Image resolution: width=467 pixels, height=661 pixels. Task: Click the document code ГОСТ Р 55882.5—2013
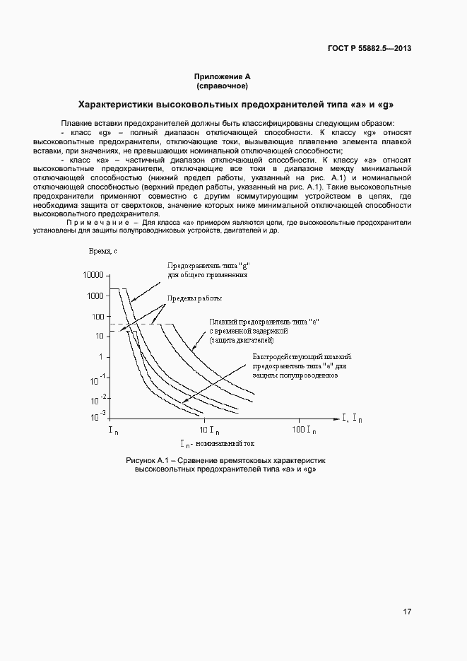(370, 49)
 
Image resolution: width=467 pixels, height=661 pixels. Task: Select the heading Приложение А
(223, 76)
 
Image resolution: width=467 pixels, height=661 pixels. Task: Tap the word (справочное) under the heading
(223, 86)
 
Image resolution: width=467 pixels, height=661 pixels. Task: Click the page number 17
(408, 612)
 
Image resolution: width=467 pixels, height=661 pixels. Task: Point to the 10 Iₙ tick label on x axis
(208, 429)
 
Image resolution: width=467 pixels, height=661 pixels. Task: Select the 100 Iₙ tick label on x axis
(305, 429)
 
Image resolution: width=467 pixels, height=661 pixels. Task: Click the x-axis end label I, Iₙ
(352, 419)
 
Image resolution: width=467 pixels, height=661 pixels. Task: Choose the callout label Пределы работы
(194, 298)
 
